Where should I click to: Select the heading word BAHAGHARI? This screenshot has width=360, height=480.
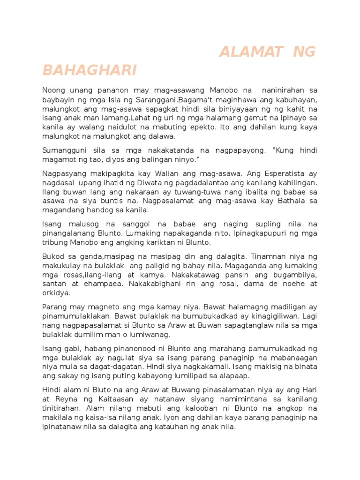point(89,70)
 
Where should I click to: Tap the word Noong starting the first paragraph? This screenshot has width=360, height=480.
point(54,90)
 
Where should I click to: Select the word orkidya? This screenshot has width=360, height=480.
point(56,293)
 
